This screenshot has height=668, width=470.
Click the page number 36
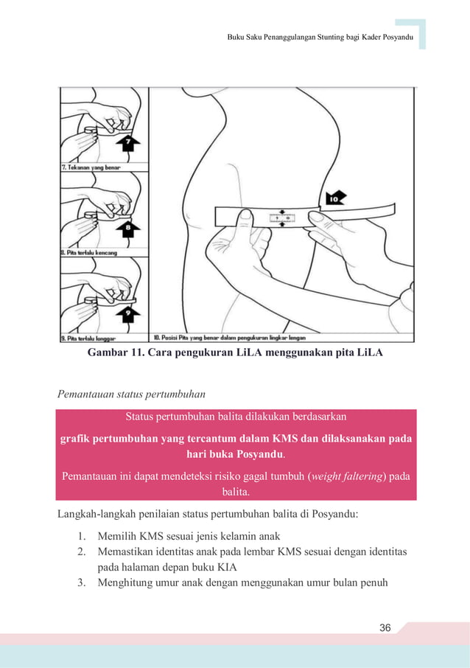point(384,627)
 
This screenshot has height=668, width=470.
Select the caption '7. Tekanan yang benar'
point(91,167)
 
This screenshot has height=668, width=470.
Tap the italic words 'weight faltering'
point(343,476)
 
